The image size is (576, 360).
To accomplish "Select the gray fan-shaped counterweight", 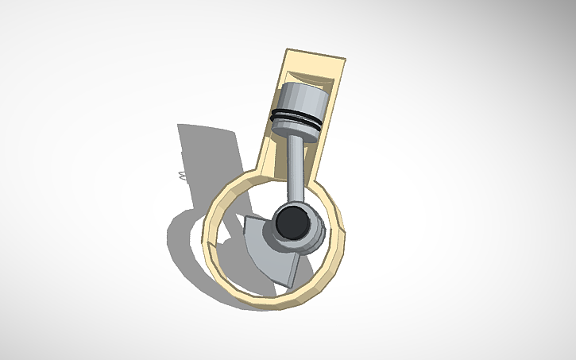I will click(270, 250).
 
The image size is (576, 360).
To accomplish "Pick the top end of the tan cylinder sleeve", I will click(316, 57).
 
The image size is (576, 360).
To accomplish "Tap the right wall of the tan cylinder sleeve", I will click(329, 127).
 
